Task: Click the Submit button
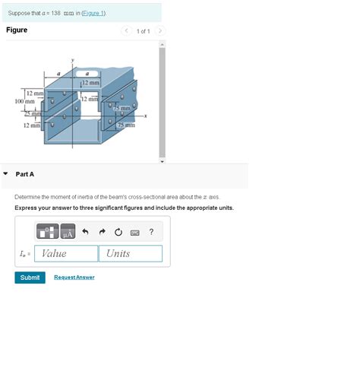click(30, 278)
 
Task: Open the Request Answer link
click(74, 278)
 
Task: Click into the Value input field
click(66, 253)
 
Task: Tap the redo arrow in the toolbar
click(102, 232)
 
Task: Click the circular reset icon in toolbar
click(118, 232)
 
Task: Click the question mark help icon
click(152, 232)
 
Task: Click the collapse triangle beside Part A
click(6, 174)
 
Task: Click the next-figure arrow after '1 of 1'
click(160, 31)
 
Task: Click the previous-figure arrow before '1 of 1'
click(127, 31)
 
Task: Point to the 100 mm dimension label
click(24, 100)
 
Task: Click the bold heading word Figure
click(17, 30)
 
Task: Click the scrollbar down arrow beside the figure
click(160, 161)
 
